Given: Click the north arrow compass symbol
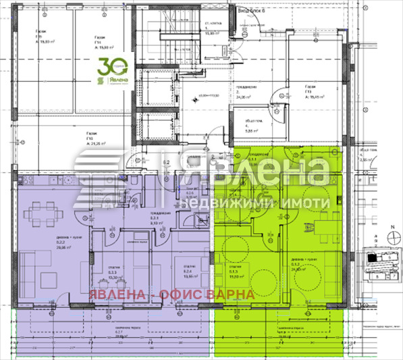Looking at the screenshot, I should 392,235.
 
